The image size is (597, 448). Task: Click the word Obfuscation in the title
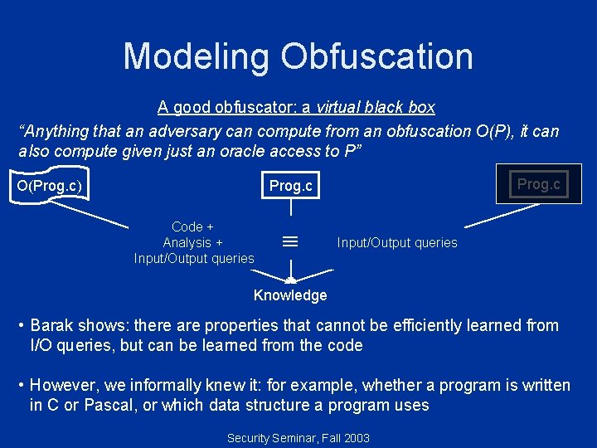376,56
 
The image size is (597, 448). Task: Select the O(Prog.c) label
50,185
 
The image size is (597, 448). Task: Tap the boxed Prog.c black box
539,184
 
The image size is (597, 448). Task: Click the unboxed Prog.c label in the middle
291,186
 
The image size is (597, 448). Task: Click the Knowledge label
290,295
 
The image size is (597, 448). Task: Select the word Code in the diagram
187,226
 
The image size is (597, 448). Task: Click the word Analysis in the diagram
187,242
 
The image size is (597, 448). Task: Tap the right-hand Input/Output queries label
397,242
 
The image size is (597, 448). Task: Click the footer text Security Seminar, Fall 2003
298,437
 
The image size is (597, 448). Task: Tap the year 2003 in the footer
356,437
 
